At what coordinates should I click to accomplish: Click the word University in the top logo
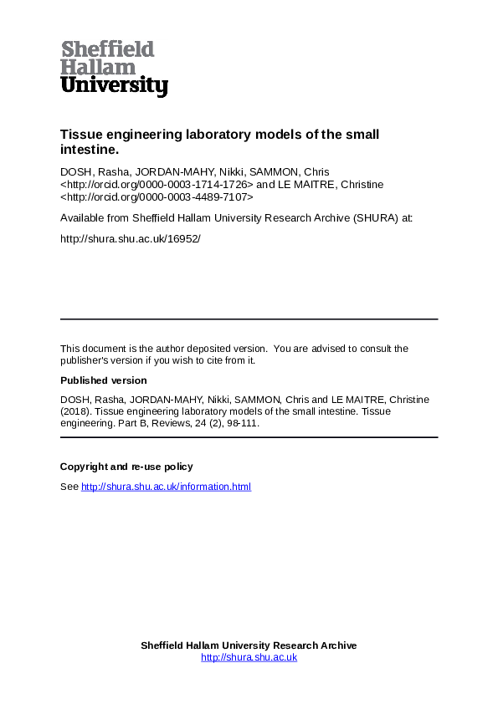[x=115, y=85]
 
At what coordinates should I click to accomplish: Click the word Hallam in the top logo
[x=98, y=67]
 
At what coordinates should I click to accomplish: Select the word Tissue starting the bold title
[x=82, y=135]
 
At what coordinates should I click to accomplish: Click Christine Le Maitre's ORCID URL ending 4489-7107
[x=157, y=196]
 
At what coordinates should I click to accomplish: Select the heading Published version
[x=103, y=380]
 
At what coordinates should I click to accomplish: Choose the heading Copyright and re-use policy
[x=126, y=467]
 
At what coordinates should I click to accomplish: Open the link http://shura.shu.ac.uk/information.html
[x=166, y=487]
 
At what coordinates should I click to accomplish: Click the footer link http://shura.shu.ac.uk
[x=249, y=657]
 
